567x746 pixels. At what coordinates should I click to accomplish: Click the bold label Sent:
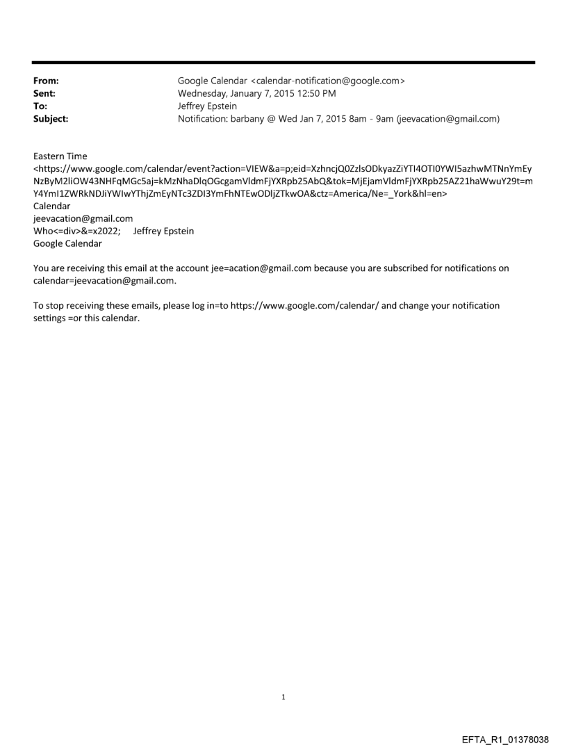(x=44, y=93)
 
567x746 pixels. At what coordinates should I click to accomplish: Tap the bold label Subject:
(x=51, y=119)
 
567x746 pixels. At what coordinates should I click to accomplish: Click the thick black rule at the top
(x=283, y=63)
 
